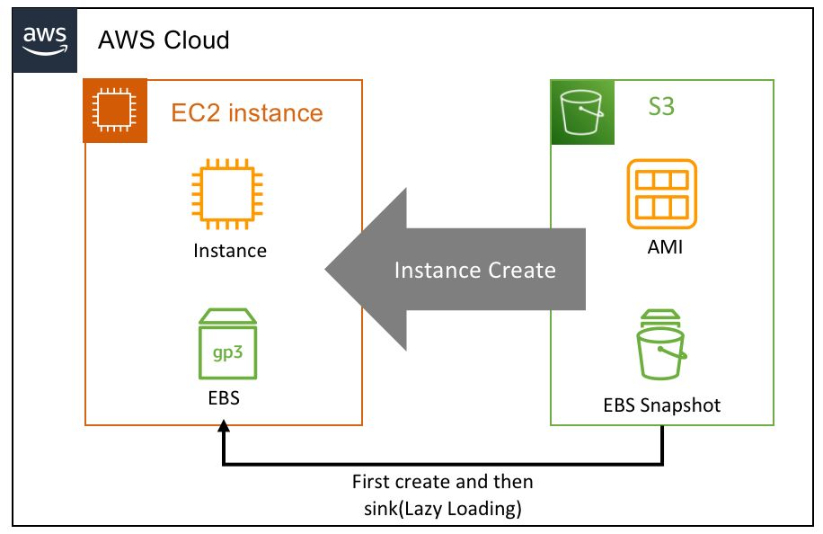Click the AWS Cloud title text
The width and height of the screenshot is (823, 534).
(164, 40)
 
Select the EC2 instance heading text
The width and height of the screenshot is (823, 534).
(247, 113)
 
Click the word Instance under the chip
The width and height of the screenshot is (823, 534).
(230, 250)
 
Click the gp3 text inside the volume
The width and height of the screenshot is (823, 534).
(228, 352)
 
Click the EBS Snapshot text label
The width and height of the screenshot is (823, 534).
(662, 405)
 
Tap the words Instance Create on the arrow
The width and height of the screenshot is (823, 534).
(475, 270)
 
